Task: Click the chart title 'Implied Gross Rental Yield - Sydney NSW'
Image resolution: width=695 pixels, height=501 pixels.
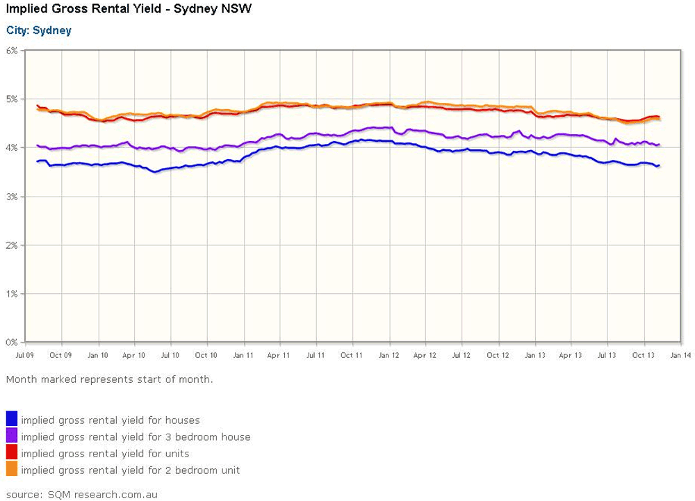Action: [129, 9]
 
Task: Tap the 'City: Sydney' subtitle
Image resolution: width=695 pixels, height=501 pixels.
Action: [38, 31]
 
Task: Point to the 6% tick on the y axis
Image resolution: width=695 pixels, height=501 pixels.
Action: [12, 51]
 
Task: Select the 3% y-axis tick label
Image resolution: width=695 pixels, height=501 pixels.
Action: [12, 197]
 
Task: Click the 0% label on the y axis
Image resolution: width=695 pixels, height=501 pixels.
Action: [12, 343]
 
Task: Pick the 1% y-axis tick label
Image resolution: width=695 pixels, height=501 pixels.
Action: [12, 294]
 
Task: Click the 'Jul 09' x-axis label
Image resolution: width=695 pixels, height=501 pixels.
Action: [25, 355]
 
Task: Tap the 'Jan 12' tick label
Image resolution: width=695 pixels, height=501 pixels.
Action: [389, 355]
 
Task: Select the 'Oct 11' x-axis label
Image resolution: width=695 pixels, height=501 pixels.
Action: [352, 355]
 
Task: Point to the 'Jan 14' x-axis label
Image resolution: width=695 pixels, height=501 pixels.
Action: [680, 355]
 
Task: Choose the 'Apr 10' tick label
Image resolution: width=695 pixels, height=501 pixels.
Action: [134, 355]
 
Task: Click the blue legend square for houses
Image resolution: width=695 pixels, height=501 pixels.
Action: [12, 418]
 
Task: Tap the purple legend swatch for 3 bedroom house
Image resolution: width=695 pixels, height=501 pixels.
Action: [12, 435]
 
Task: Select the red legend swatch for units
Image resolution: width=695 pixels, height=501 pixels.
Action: [12, 452]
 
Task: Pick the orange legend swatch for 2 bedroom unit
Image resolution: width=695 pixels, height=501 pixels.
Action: [12, 468]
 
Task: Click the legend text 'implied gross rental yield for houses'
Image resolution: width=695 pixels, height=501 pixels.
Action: [111, 420]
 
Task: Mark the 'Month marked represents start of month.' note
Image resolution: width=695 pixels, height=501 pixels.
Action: [110, 379]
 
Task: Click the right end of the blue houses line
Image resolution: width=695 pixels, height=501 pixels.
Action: [659, 165]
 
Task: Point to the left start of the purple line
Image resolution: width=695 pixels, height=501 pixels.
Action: [38, 145]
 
